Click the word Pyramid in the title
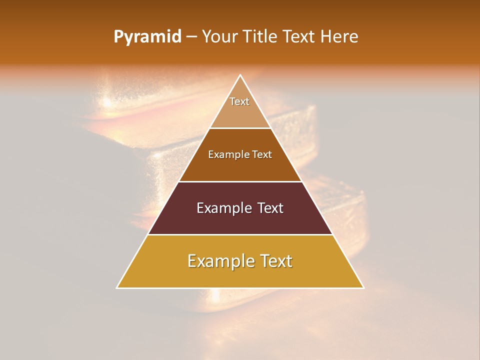point(147,37)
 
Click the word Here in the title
point(339,37)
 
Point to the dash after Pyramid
point(191,37)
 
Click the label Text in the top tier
point(239,101)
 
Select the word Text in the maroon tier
point(270,208)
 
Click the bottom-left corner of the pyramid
point(117,287)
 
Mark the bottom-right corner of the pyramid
point(363,287)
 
